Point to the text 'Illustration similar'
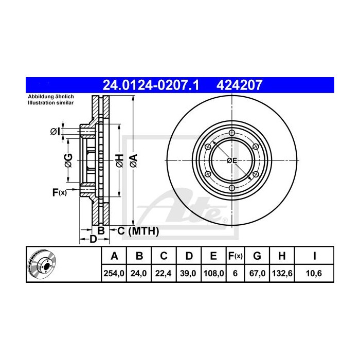tap(51, 103)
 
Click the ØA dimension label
tap(133, 160)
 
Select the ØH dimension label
tap(119, 160)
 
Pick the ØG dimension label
tap(68, 160)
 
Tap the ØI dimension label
tap(55, 132)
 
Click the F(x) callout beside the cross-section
tap(60, 192)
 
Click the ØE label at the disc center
tap(232, 161)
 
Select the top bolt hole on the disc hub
tap(232, 134)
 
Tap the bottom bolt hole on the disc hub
tap(232, 188)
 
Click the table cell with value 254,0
tap(114, 274)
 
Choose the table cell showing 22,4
tap(164, 274)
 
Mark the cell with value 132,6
tap(281, 274)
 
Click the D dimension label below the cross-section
tap(93, 239)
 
